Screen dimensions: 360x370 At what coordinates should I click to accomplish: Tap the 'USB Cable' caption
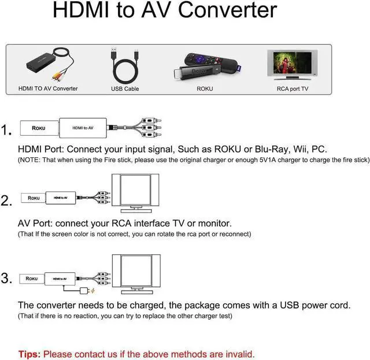coord(125,88)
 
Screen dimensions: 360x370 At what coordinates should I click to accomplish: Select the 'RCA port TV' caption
coord(292,88)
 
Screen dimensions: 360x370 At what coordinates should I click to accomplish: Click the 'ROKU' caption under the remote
coord(205,88)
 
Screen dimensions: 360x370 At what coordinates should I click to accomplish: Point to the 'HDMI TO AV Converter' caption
coord(48,88)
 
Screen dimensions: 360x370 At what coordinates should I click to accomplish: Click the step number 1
coord(7,131)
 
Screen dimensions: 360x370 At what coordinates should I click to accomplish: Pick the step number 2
coord(7,201)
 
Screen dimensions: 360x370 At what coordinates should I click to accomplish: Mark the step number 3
coord(7,279)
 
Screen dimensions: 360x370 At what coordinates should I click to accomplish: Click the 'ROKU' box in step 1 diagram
coord(39,128)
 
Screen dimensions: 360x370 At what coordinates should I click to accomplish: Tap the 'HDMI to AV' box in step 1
coord(83,128)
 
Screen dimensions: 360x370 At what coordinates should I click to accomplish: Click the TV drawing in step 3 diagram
coord(136,272)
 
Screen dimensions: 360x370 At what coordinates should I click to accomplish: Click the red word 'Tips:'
coord(29,354)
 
